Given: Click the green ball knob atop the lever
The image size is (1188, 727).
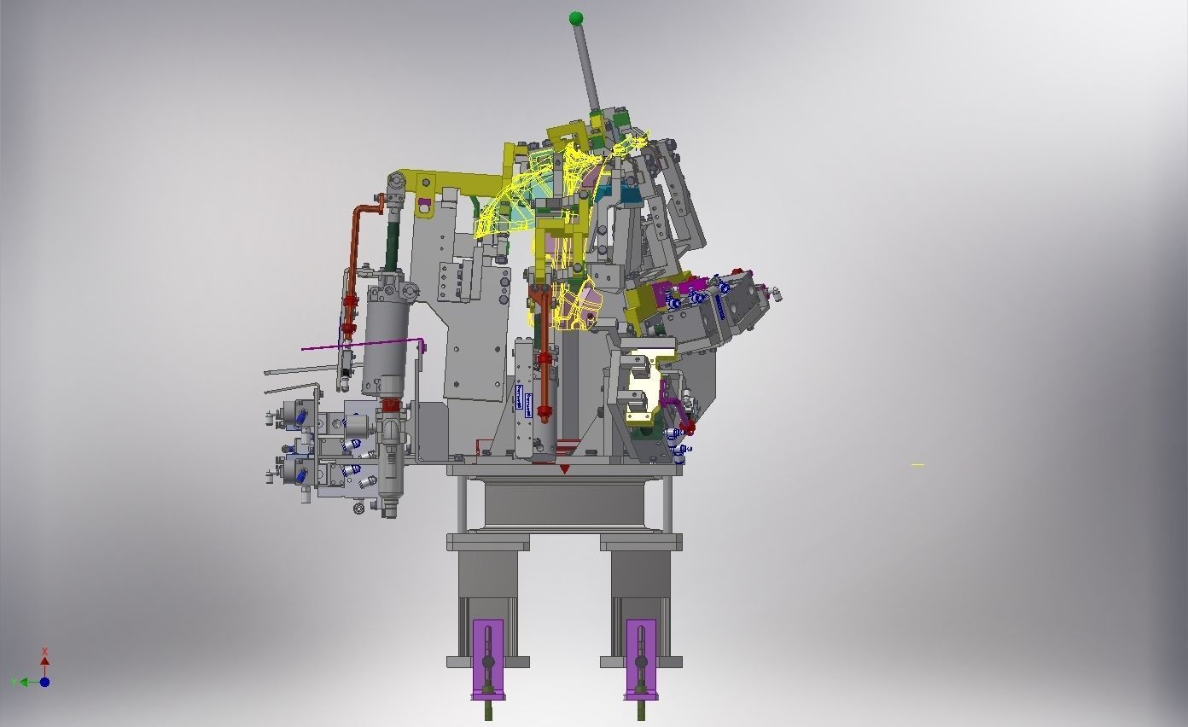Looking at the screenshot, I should click(x=576, y=18).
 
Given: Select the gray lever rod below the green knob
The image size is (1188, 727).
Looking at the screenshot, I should click(x=586, y=68).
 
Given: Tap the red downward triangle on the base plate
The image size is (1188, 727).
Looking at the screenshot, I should click(x=564, y=469).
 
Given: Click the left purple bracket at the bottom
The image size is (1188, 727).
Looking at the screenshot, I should click(x=488, y=657).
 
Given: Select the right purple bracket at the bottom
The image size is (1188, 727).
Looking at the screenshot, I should click(x=641, y=657).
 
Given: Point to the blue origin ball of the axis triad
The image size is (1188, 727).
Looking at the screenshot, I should click(x=44, y=682).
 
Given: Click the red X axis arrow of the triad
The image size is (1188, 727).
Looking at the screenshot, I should click(x=44, y=659).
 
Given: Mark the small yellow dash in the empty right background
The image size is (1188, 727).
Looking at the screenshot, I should click(x=917, y=465).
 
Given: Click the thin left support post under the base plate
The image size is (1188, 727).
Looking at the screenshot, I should click(x=462, y=503).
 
